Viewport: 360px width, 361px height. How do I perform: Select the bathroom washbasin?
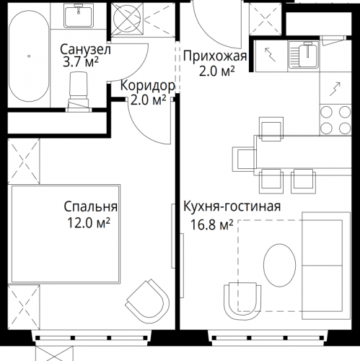78,17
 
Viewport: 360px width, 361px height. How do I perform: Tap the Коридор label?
147,84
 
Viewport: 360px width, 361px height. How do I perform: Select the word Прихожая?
215,57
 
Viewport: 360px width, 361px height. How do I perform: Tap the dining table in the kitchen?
286,155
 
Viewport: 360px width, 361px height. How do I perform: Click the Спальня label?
90,208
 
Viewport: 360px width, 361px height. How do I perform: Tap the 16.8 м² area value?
208,225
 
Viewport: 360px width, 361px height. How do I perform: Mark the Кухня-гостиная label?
232,208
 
